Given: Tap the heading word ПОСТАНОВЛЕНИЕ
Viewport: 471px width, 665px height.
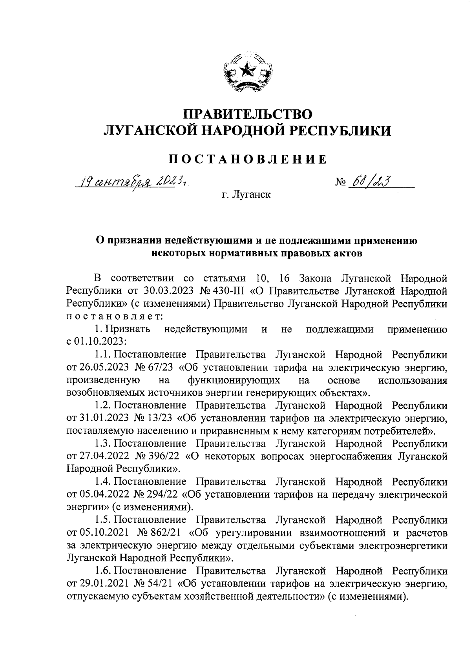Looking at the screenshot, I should click(247, 159).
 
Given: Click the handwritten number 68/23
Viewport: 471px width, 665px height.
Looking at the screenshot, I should click(369, 182).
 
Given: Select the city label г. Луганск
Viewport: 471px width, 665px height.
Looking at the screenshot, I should click(246, 194).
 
